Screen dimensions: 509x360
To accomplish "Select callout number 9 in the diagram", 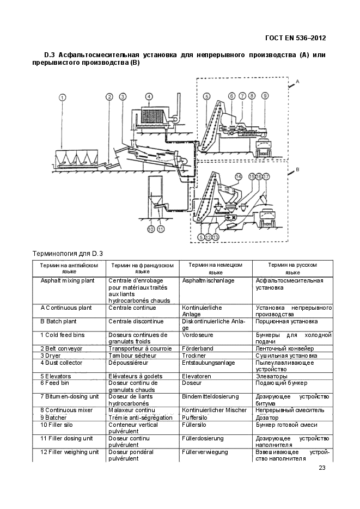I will click(x=265, y=96).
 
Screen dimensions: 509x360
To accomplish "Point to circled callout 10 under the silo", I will click(x=151, y=229).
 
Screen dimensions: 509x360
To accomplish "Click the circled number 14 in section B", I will click(x=238, y=177).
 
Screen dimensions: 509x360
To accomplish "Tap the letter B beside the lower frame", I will click(x=297, y=170).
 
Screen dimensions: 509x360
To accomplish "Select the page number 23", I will click(x=322, y=468).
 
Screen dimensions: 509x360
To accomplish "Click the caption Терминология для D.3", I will click(x=68, y=253).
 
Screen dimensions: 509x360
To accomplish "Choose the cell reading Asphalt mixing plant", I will click(x=68, y=280).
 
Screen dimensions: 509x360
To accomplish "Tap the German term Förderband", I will click(x=198, y=348).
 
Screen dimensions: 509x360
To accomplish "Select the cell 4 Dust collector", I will click(x=62, y=363).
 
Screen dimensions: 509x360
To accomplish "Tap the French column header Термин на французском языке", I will click(x=143, y=268).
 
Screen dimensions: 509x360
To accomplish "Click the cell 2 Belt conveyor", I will click(x=62, y=348).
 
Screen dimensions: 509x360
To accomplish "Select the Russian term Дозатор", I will click(x=267, y=418).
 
